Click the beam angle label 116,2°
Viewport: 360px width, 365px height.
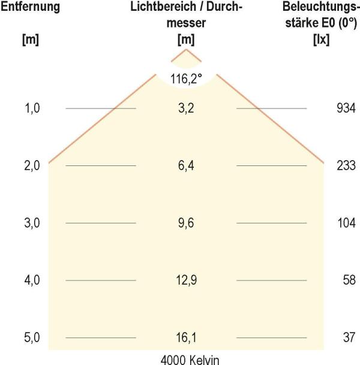(185, 79)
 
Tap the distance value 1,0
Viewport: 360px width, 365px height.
(31, 108)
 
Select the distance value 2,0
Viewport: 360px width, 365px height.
(31, 166)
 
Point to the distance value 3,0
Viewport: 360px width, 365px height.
(31, 224)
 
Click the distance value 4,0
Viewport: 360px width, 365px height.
(31, 280)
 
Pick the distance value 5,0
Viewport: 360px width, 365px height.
(31, 338)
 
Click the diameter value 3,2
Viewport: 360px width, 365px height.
(186, 108)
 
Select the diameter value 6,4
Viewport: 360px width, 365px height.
(186, 166)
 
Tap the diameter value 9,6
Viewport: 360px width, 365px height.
(186, 224)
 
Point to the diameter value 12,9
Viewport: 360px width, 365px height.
(186, 280)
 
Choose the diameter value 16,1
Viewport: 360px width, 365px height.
(186, 338)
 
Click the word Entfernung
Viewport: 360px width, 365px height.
(30, 8)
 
